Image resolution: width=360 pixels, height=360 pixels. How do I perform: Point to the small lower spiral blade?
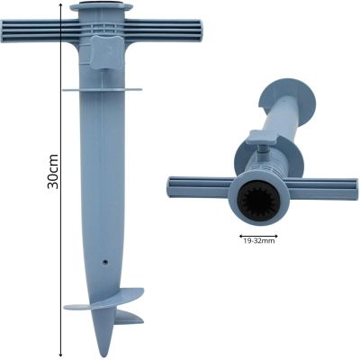point(126,317)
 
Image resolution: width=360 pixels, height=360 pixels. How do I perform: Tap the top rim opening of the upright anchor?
point(101,7)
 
